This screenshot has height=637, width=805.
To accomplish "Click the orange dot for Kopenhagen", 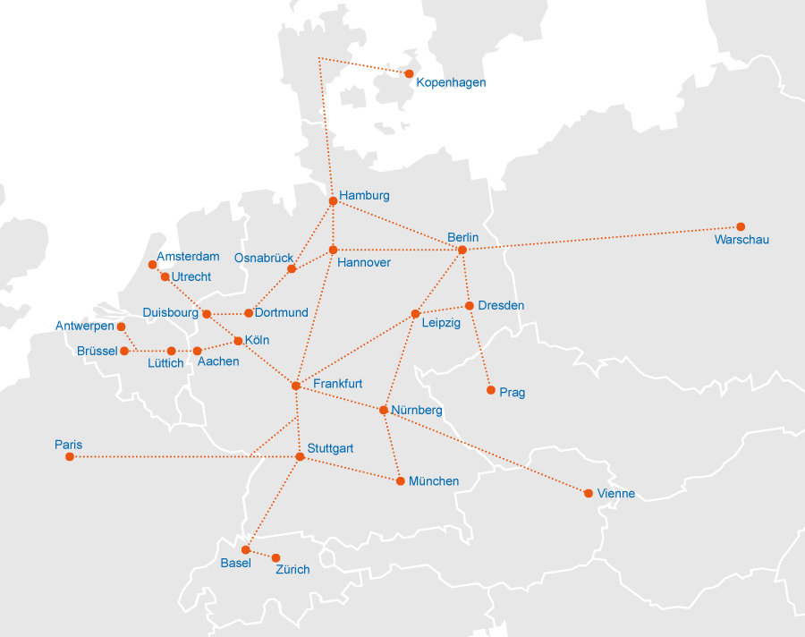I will click(409, 73).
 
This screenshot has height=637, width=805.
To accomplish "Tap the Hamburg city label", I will click(364, 195).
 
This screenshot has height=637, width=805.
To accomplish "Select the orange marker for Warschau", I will click(741, 226).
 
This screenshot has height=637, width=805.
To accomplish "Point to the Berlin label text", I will click(463, 237).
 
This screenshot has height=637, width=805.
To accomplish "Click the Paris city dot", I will click(70, 457).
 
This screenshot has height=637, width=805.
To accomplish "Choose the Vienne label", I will click(617, 494).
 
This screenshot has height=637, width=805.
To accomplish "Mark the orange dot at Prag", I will click(490, 390).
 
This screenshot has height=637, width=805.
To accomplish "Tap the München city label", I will click(434, 481).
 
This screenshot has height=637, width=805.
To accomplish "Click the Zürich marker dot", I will click(275, 557).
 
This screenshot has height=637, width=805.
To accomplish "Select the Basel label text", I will click(235, 563).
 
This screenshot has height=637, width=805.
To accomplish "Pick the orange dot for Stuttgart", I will click(300, 457).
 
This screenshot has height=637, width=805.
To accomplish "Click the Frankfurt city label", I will click(338, 383).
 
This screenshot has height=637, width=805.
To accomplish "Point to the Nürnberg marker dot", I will click(383, 410).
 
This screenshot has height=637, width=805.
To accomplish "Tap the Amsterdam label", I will click(188, 257).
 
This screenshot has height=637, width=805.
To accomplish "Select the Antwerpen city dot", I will click(121, 327).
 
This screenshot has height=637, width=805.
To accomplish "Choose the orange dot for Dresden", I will click(469, 306).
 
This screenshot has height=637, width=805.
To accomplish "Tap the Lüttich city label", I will click(165, 363).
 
